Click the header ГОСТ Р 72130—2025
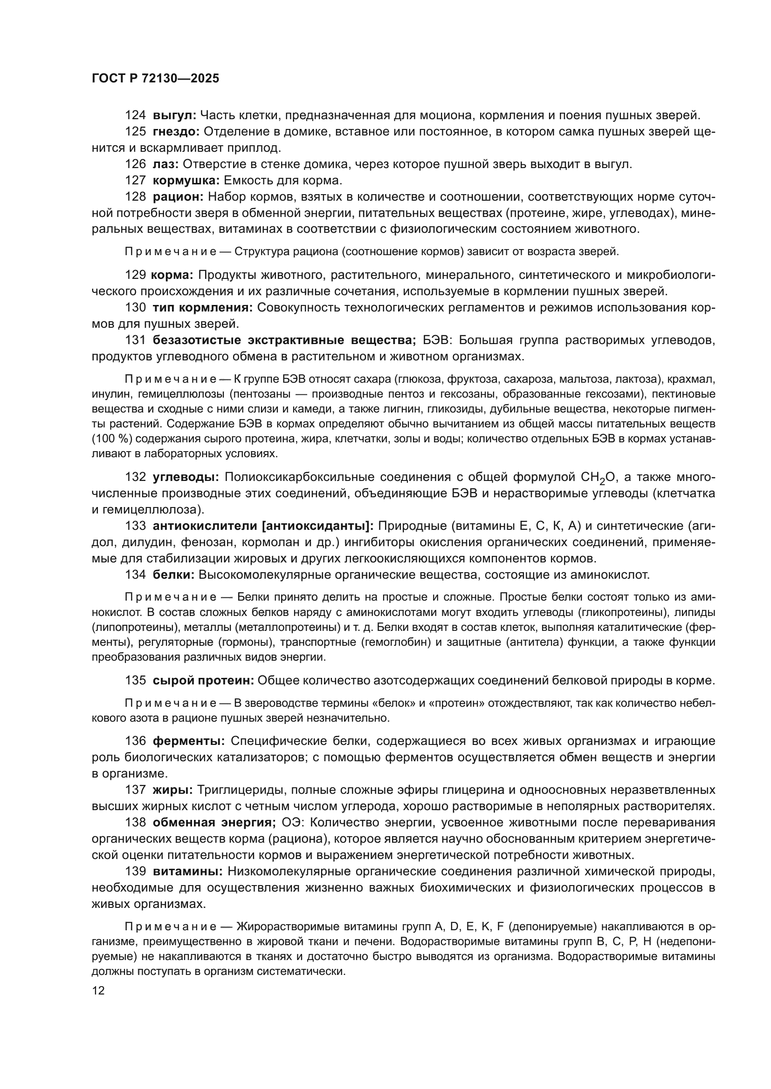coord(155,79)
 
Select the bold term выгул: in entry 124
coord(174,115)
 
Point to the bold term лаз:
coord(165,164)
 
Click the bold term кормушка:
coord(186,180)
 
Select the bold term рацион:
coord(178,196)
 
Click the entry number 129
coord(135,275)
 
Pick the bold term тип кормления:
coord(203,308)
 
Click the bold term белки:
coord(173,575)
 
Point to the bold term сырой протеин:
coord(203,681)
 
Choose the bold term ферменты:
coord(188,741)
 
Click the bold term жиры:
coord(172,790)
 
